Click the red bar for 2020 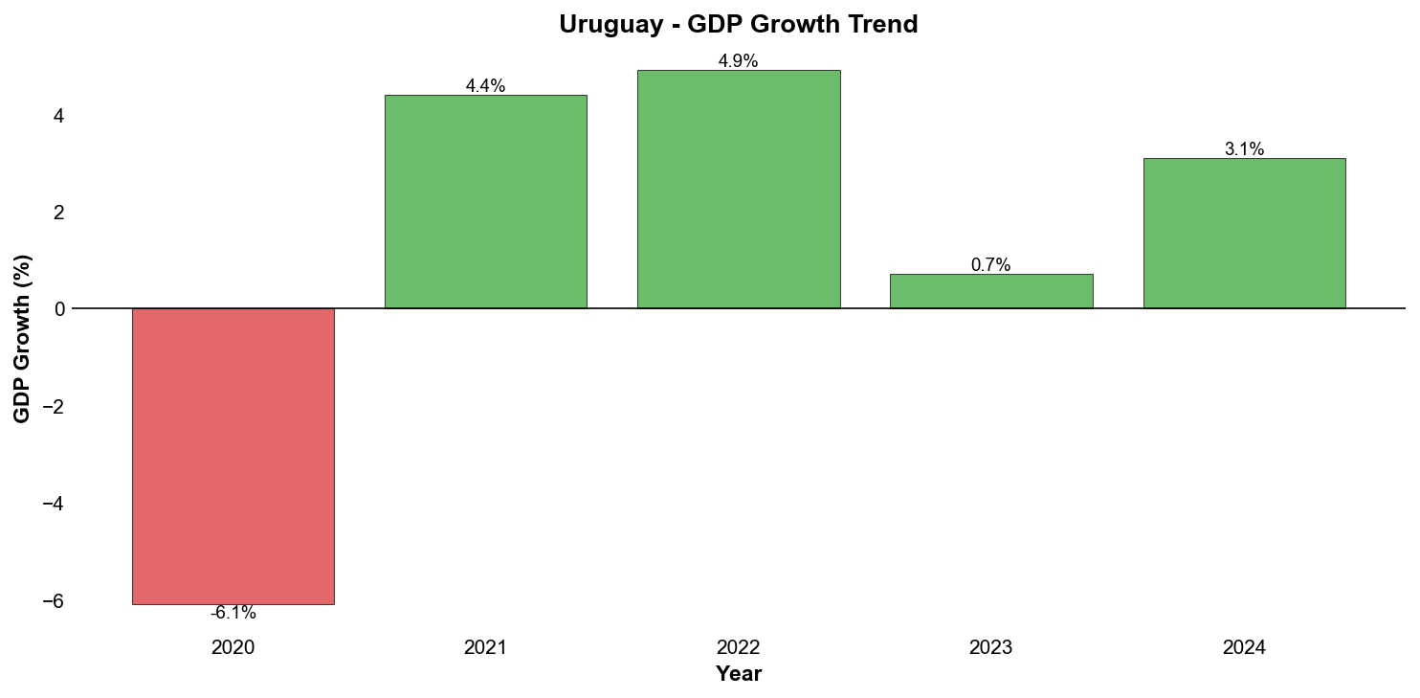pyautogui.click(x=233, y=456)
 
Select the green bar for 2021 pyautogui.click(x=485, y=201)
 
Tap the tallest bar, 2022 pyautogui.click(x=738, y=189)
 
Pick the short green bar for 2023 pyautogui.click(x=990, y=291)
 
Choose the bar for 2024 pyautogui.click(x=1244, y=233)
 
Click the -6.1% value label pyautogui.click(x=233, y=614)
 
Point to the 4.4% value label pyautogui.click(x=485, y=86)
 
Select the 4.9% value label pyautogui.click(x=738, y=61)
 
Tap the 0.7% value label pyautogui.click(x=990, y=265)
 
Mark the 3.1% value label pyautogui.click(x=1244, y=149)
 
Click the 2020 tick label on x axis pyautogui.click(x=233, y=648)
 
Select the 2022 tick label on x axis pyautogui.click(x=738, y=648)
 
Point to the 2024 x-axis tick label pyautogui.click(x=1244, y=648)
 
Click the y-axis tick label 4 pyautogui.click(x=58, y=116)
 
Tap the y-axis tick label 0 pyautogui.click(x=58, y=309)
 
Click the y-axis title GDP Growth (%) pyautogui.click(x=22, y=338)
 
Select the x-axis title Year pyautogui.click(x=738, y=674)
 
